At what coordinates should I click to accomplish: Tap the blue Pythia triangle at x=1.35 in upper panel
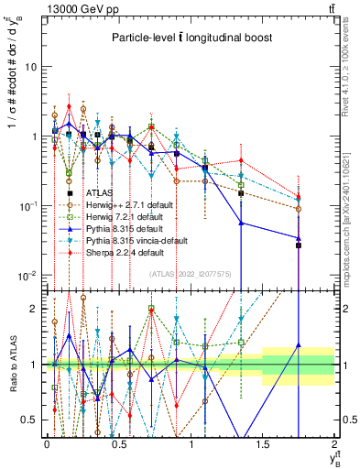241,223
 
